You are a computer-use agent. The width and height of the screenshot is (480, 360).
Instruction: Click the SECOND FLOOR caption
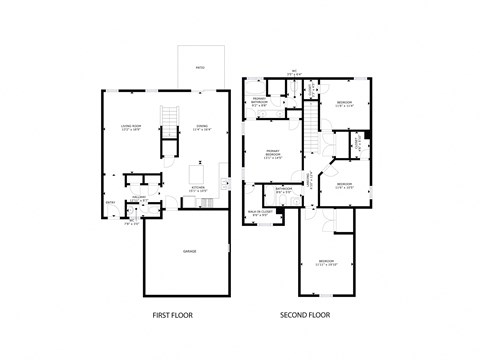click(305, 316)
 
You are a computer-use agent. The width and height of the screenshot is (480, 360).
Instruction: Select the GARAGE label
click(188, 250)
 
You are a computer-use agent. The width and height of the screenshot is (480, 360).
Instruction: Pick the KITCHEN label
click(198, 188)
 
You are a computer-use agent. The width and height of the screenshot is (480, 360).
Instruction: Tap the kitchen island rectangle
click(198, 175)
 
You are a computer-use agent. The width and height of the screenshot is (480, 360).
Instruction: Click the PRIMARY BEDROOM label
click(272, 154)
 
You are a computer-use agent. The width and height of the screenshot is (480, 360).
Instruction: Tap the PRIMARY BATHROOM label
click(259, 101)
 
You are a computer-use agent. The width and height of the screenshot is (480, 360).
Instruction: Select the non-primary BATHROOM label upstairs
click(283, 189)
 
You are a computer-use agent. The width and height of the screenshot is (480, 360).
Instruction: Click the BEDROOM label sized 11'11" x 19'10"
click(326, 263)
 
